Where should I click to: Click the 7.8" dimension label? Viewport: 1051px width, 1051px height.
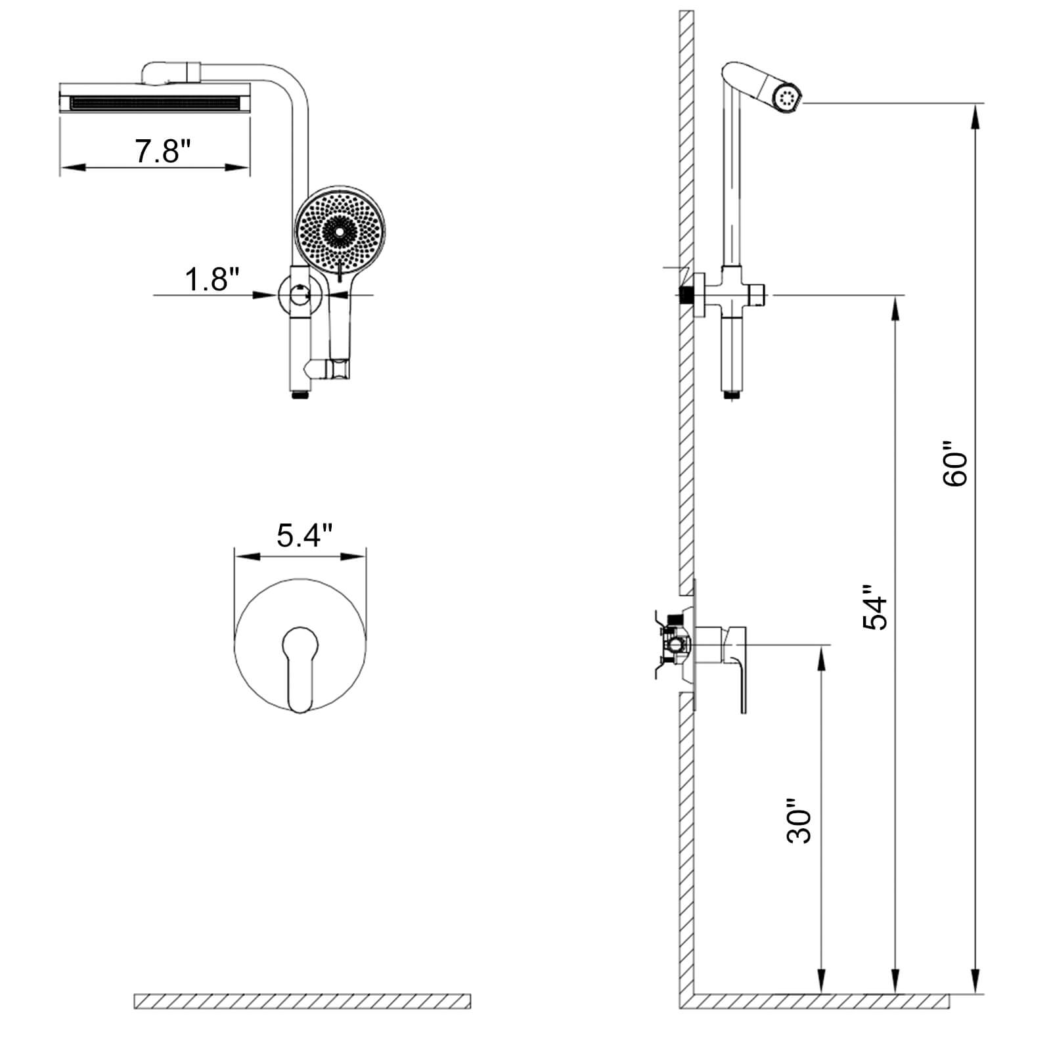coord(162,152)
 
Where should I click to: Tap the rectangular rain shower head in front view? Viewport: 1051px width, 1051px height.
coord(155,102)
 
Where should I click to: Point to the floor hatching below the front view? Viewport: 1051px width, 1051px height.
coord(302,1001)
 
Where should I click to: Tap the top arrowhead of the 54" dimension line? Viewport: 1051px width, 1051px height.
coord(895,308)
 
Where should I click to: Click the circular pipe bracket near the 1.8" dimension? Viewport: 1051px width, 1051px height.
coord(299,295)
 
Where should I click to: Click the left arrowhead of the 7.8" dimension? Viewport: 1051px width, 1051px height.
coord(72,168)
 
